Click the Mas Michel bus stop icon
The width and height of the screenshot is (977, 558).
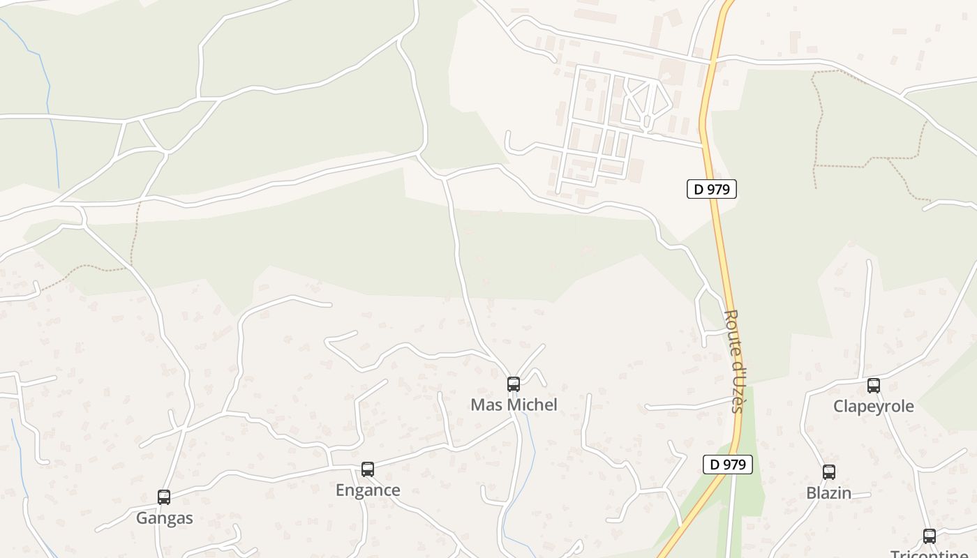click(x=514, y=384)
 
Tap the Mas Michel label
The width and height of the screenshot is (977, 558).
click(x=514, y=405)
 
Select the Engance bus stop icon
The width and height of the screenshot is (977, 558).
click(x=368, y=469)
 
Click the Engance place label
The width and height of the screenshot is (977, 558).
click(x=368, y=490)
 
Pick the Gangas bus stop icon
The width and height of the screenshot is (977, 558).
click(x=164, y=497)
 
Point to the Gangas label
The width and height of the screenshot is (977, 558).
click(x=164, y=518)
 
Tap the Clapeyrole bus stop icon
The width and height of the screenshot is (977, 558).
click(x=874, y=386)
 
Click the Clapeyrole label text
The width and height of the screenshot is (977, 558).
click(x=874, y=407)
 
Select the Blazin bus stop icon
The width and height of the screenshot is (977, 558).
click(x=829, y=472)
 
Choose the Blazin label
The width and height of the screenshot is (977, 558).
click(x=829, y=493)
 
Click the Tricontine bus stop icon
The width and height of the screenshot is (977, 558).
click(x=930, y=536)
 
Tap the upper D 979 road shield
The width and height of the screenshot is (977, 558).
click(x=712, y=189)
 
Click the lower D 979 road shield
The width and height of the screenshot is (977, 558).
click(x=727, y=465)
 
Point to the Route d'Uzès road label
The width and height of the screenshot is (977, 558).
click(x=735, y=361)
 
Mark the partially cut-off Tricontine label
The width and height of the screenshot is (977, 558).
click(x=930, y=554)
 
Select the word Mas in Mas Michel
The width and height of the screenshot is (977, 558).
click(x=485, y=405)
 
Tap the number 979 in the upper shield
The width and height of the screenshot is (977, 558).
click(x=717, y=189)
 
